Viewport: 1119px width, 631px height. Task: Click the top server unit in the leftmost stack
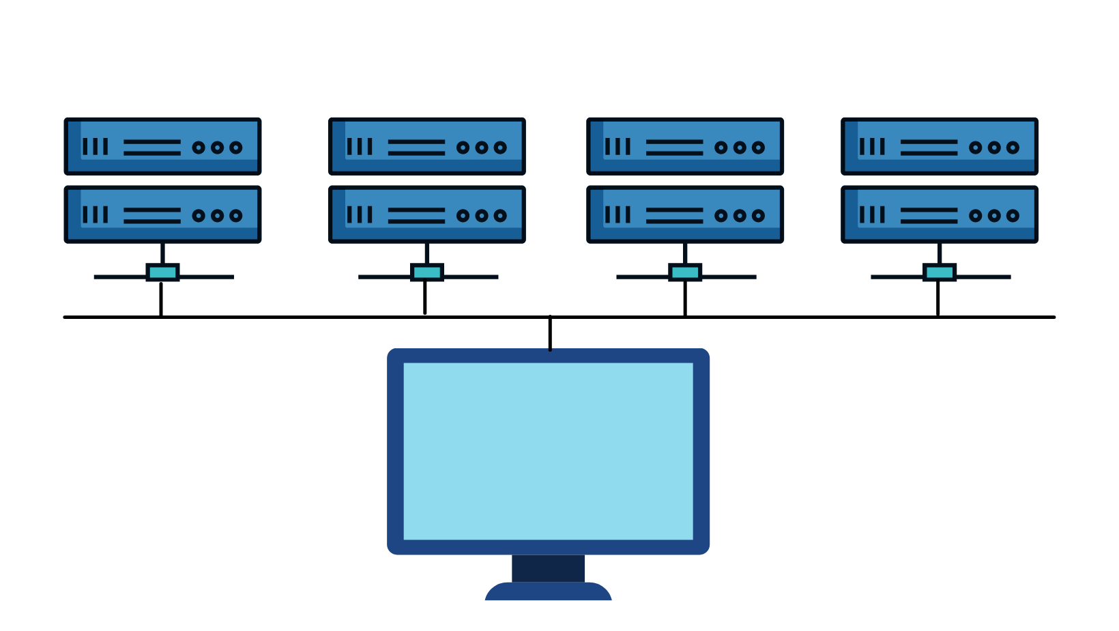pyautogui.click(x=162, y=146)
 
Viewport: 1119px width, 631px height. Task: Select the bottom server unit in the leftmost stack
pyautogui.click(x=162, y=214)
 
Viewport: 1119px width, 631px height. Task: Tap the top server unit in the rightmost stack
pyautogui.click(x=939, y=146)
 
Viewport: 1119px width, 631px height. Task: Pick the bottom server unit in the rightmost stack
pyautogui.click(x=939, y=214)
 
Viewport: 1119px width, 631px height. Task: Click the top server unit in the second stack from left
pyautogui.click(x=426, y=146)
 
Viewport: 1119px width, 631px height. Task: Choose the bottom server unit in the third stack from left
pyautogui.click(x=684, y=214)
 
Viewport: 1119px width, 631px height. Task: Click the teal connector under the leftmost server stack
pyautogui.click(x=162, y=272)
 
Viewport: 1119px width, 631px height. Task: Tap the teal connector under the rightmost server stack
pyautogui.click(x=939, y=272)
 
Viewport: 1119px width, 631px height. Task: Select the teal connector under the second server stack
pyautogui.click(x=426, y=272)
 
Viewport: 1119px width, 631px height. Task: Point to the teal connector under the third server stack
pyautogui.click(x=684, y=272)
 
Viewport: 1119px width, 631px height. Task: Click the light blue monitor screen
pyautogui.click(x=548, y=451)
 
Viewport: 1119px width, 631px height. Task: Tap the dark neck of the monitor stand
pyautogui.click(x=548, y=568)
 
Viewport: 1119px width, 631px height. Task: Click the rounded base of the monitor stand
pyautogui.click(x=548, y=592)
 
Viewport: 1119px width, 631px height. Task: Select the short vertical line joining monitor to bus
pyautogui.click(x=550, y=334)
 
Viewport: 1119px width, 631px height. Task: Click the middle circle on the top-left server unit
pyautogui.click(x=217, y=148)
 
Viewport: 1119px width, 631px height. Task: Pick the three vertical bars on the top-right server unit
pyautogui.click(x=872, y=147)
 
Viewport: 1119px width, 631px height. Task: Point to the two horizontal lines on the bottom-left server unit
pyautogui.click(x=152, y=216)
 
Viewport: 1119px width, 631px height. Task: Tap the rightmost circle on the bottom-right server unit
pyautogui.click(x=1013, y=216)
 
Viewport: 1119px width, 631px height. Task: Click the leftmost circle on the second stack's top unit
pyautogui.click(x=463, y=148)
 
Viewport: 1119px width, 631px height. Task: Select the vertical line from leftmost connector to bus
pyautogui.click(x=161, y=299)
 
